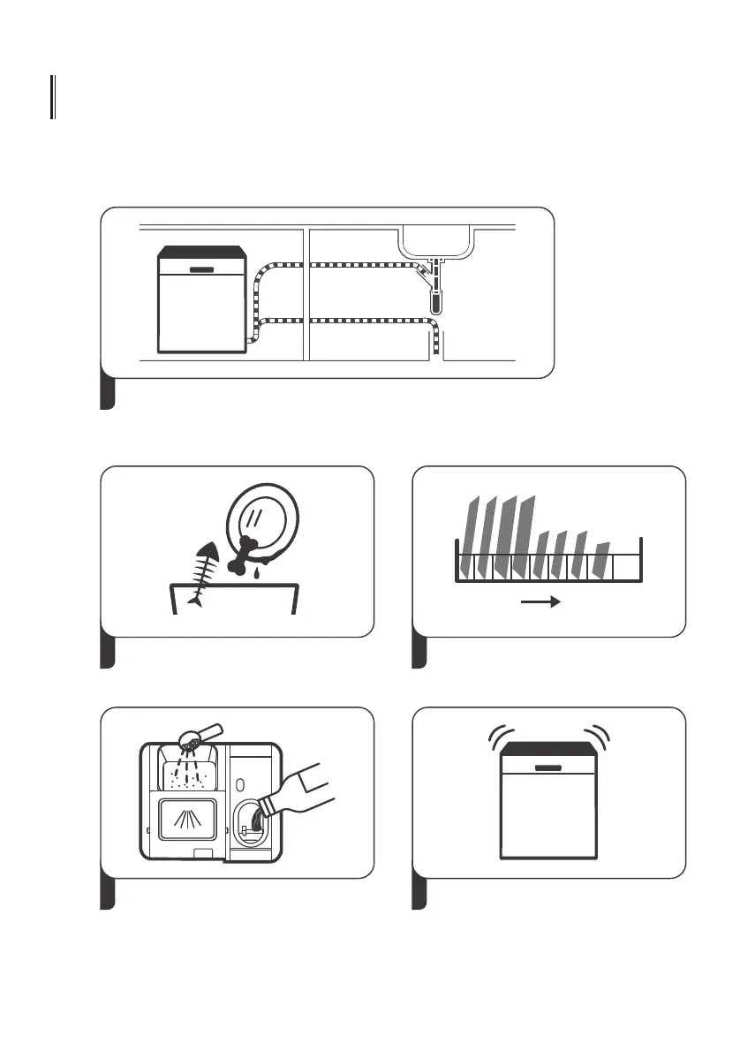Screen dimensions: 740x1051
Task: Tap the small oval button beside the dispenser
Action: tap(240, 783)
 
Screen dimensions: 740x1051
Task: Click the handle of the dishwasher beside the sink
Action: tap(202, 267)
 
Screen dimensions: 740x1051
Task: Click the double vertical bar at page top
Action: tap(53, 97)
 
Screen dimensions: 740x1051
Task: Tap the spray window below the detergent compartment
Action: tap(186, 819)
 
